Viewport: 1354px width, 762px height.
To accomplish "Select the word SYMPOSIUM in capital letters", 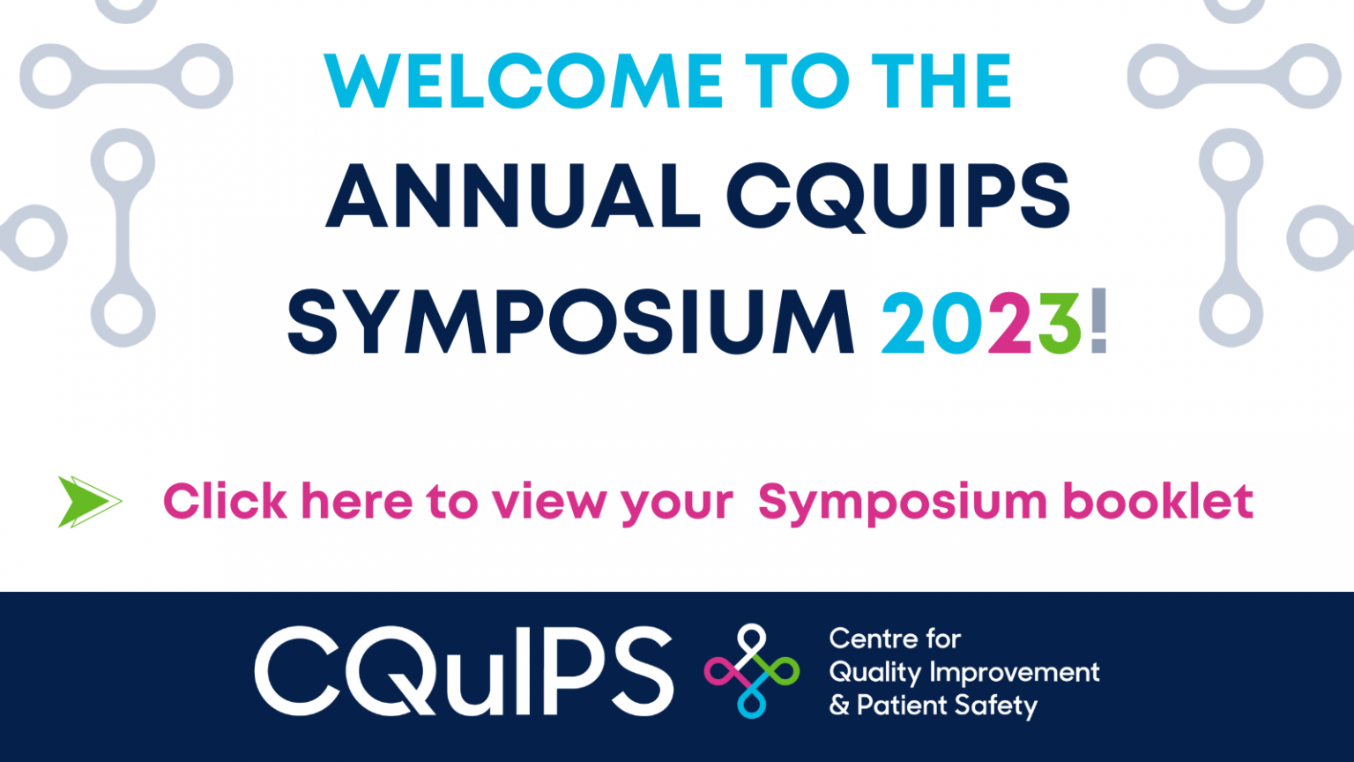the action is (570, 322).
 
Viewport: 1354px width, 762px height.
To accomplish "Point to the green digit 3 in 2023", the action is (1060, 322).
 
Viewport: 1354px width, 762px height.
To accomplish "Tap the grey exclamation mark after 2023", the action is (1098, 320).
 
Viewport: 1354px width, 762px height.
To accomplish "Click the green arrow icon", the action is (89, 502).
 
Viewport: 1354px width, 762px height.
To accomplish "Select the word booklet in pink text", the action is (1157, 501).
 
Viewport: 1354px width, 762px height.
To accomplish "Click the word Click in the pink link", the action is (225, 501).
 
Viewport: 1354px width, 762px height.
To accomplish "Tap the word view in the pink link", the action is (549, 501).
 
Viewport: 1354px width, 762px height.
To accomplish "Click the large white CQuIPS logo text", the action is (464, 670).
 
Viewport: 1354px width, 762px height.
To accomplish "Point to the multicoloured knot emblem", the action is (751, 670).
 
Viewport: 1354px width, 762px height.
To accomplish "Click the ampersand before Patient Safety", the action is (839, 706).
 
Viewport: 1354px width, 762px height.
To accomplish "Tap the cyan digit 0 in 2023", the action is (956, 322).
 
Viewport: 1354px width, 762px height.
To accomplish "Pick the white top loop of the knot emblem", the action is (751, 642).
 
